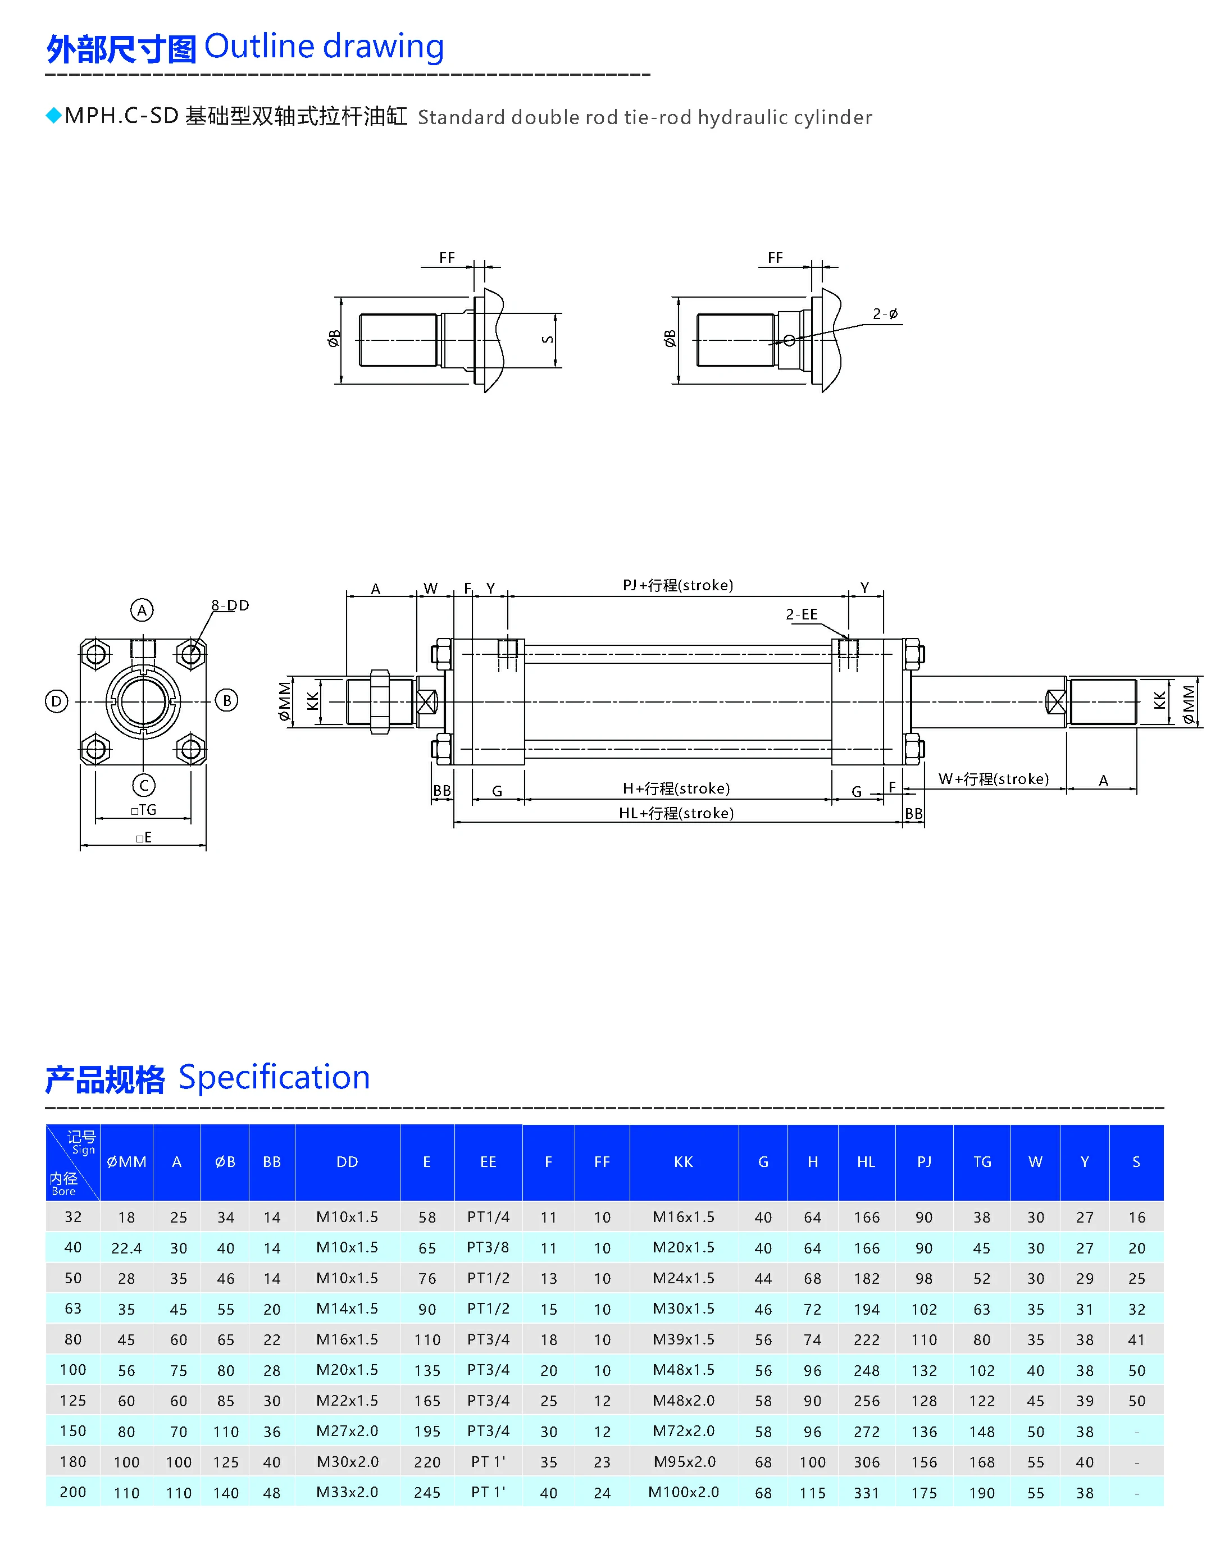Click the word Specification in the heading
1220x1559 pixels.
274,1078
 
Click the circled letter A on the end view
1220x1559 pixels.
142,610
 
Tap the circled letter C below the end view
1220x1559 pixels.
144,786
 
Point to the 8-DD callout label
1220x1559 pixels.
230,605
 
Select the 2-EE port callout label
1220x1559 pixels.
802,615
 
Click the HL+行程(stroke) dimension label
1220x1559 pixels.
676,813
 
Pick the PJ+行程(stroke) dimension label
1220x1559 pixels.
678,586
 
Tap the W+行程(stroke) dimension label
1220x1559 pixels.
993,779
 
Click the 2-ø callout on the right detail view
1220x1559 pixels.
885,314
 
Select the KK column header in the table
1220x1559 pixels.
683,1162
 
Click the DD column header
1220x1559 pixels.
347,1162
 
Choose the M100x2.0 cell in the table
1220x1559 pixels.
683,1493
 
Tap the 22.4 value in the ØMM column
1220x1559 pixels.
126,1248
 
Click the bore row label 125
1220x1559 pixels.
73,1401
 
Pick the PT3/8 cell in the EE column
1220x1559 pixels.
488,1248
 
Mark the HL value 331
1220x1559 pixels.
867,1493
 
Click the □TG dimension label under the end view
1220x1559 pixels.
144,810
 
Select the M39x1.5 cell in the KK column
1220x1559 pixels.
683,1340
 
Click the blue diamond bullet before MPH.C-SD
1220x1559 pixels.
53,115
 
